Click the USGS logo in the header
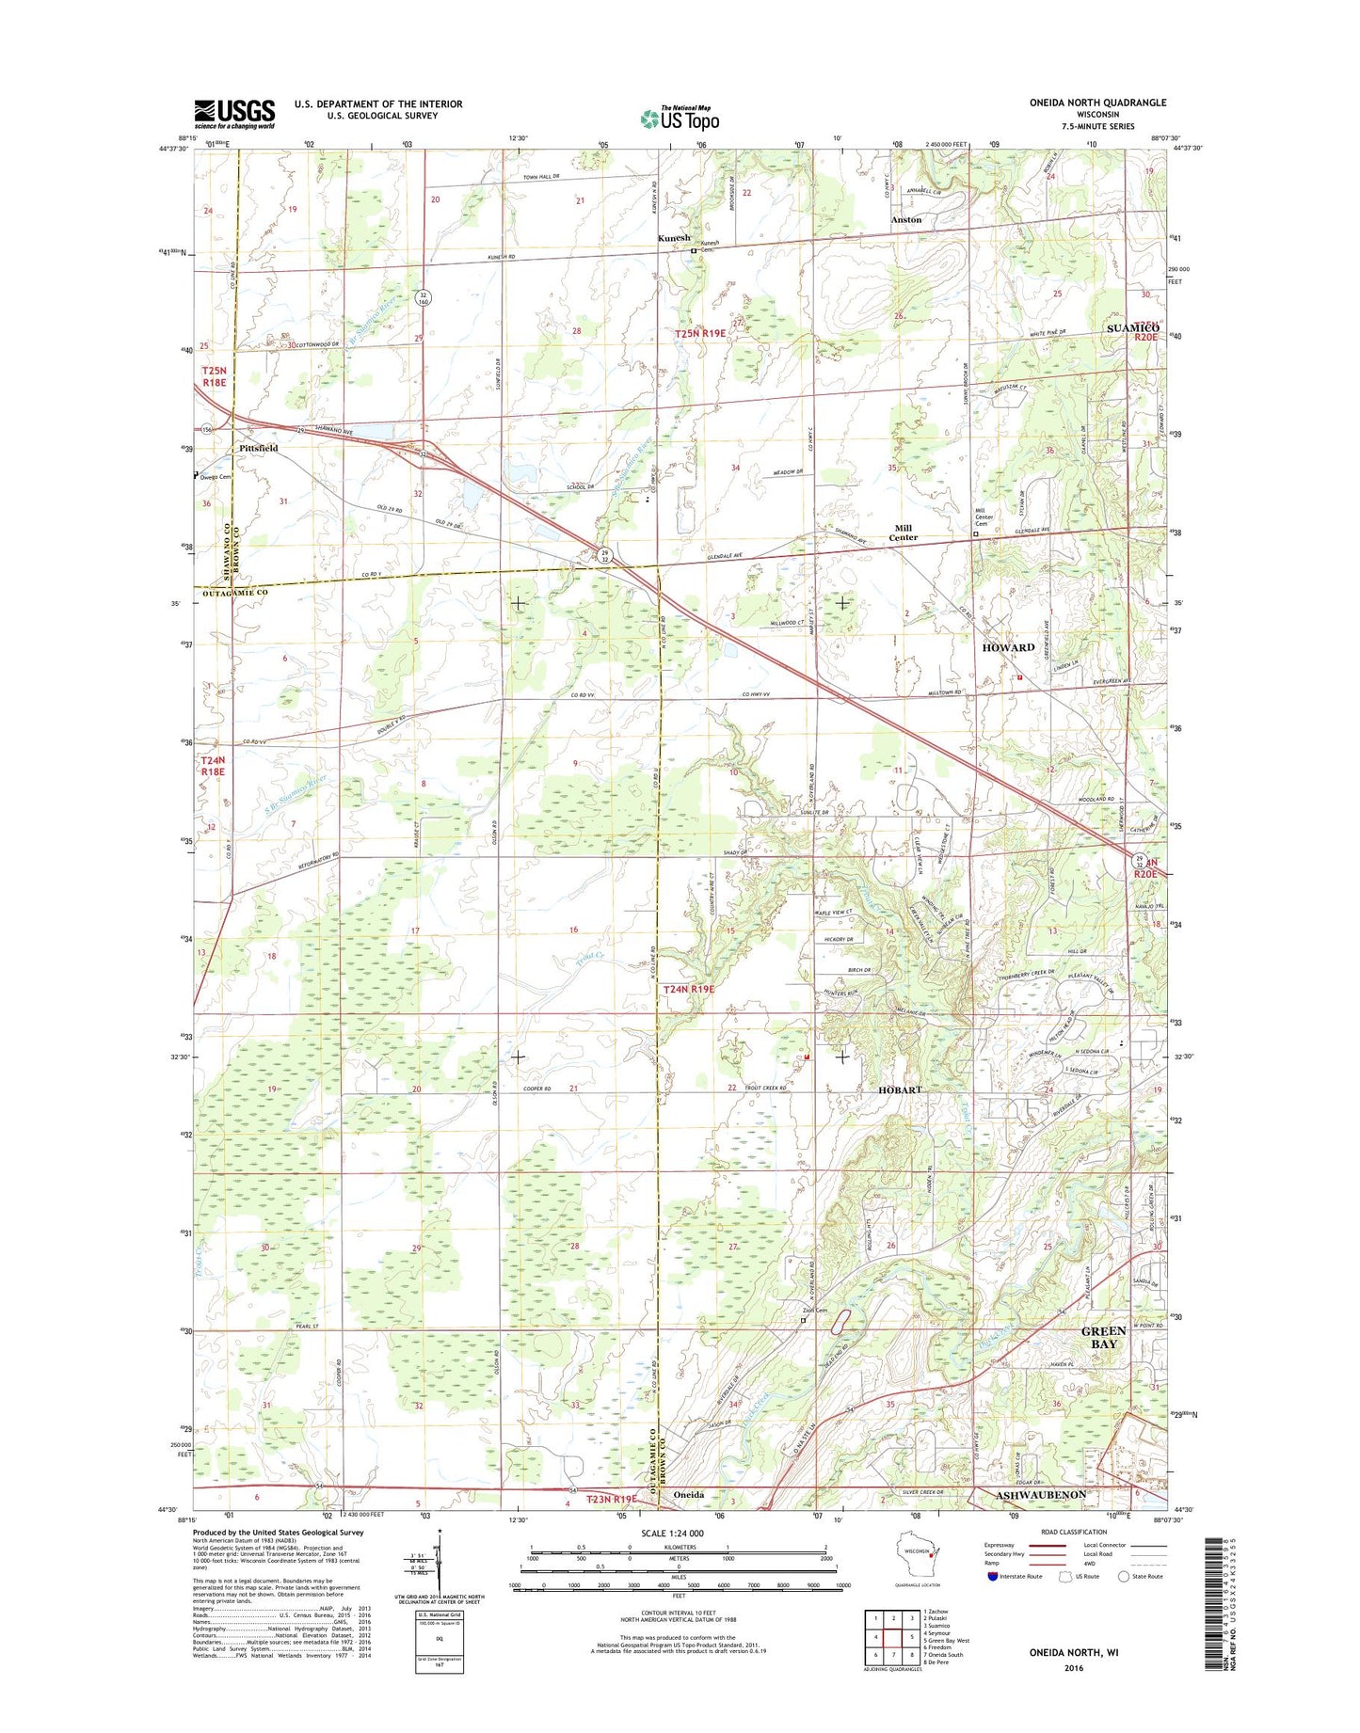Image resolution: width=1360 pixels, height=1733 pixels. click(x=234, y=114)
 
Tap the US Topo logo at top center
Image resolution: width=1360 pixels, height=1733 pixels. click(x=680, y=119)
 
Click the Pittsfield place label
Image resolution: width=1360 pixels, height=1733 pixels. click(x=258, y=449)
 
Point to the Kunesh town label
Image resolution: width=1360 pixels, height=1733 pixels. click(x=674, y=239)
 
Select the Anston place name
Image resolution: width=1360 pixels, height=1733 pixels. click(x=906, y=219)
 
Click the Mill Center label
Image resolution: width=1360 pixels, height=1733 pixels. click(x=904, y=533)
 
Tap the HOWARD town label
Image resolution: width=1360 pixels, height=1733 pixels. click(x=1008, y=647)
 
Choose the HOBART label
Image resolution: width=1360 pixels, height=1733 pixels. click(x=900, y=1089)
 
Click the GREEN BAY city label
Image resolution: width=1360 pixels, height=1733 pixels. click(x=1103, y=1337)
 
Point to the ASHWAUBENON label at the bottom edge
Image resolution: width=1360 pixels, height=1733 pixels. click(x=1041, y=1494)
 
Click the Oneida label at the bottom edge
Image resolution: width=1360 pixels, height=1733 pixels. click(x=689, y=1494)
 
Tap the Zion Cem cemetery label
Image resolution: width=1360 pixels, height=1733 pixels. click(x=814, y=1311)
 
